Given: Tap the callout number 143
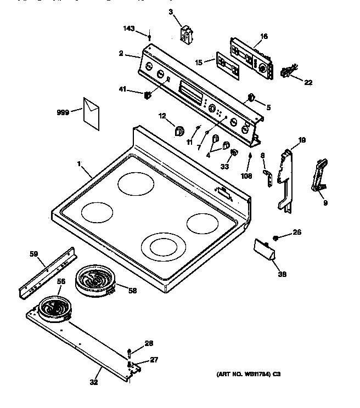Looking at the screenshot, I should (128, 28).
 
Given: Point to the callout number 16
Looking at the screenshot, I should (264, 36).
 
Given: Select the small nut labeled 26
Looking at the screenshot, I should (276, 237).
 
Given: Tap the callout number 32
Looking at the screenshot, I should (95, 382).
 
